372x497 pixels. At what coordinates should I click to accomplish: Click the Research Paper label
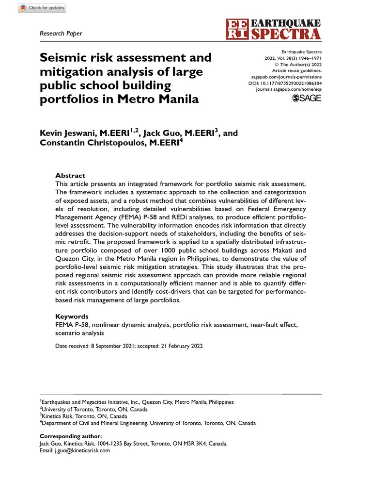click(61, 33)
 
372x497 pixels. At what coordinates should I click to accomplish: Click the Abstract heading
click(70, 175)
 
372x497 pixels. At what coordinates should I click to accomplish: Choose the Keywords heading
click(72, 316)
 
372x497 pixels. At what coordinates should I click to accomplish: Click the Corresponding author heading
click(71, 436)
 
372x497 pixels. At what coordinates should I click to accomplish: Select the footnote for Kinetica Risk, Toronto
click(84, 416)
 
